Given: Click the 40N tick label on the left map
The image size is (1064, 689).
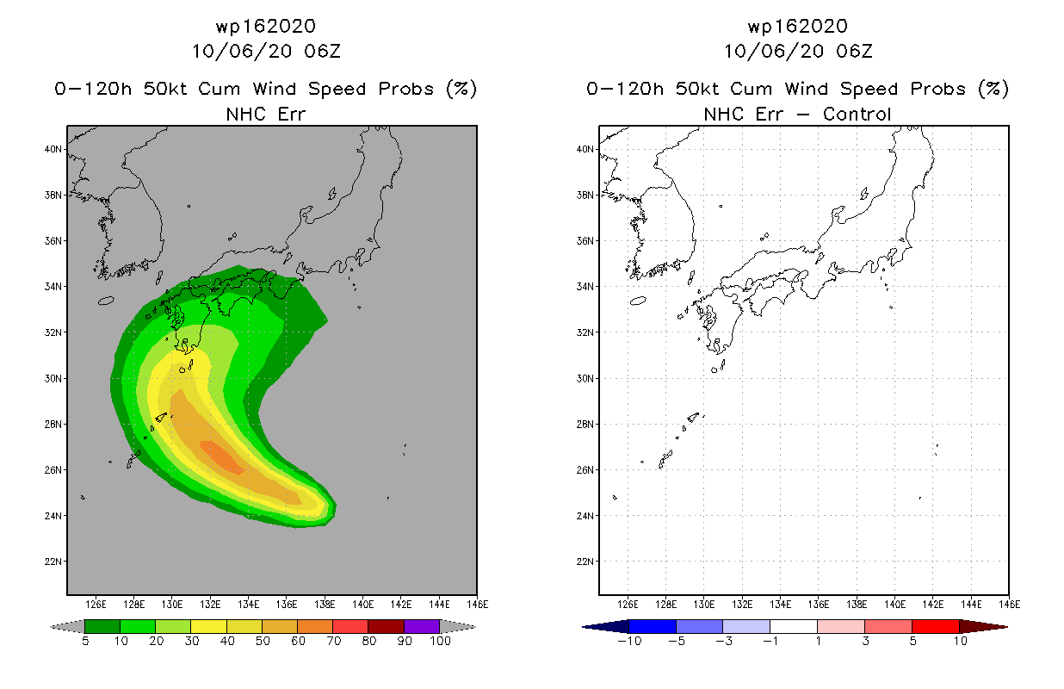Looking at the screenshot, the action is click(x=53, y=149).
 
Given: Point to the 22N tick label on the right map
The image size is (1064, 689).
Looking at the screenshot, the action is click(x=585, y=562).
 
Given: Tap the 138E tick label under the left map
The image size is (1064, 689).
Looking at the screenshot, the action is click(x=325, y=605).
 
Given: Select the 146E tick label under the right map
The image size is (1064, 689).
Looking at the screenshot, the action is click(x=1010, y=605).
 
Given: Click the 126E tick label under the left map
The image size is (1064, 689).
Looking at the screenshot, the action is click(x=96, y=605).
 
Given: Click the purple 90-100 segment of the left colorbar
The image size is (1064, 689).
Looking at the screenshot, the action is click(x=422, y=626).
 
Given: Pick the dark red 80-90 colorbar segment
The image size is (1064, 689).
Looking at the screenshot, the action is click(x=387, y=626).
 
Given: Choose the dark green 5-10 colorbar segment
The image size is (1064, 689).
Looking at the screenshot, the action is click(x=102, y=626).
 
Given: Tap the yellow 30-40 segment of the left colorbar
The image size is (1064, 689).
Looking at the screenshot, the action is click(x=208, y=626).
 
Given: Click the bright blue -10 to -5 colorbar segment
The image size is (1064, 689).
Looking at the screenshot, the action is click(x=653, y=626).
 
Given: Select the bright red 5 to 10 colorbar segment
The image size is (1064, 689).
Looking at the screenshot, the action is click(x=936, y=626).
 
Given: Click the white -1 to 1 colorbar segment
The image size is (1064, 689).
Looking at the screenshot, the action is click(x=794, y=626).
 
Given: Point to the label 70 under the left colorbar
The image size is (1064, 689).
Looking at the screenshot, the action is click(x=333, y=641).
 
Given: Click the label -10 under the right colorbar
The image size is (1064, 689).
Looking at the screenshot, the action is click(x=629, y=641).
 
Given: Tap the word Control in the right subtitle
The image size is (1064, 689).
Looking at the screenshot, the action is click(x=857, y=114).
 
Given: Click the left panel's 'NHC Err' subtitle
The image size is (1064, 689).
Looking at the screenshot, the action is click(x=265, y=114).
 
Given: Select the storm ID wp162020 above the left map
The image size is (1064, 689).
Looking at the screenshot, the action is click(x=265, y=26).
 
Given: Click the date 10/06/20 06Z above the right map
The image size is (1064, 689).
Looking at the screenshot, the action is click(x=798, y=51).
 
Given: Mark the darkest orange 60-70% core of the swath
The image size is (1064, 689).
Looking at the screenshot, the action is click(x=222, y=457).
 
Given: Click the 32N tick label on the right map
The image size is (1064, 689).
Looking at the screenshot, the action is click(x=585, y=332).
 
